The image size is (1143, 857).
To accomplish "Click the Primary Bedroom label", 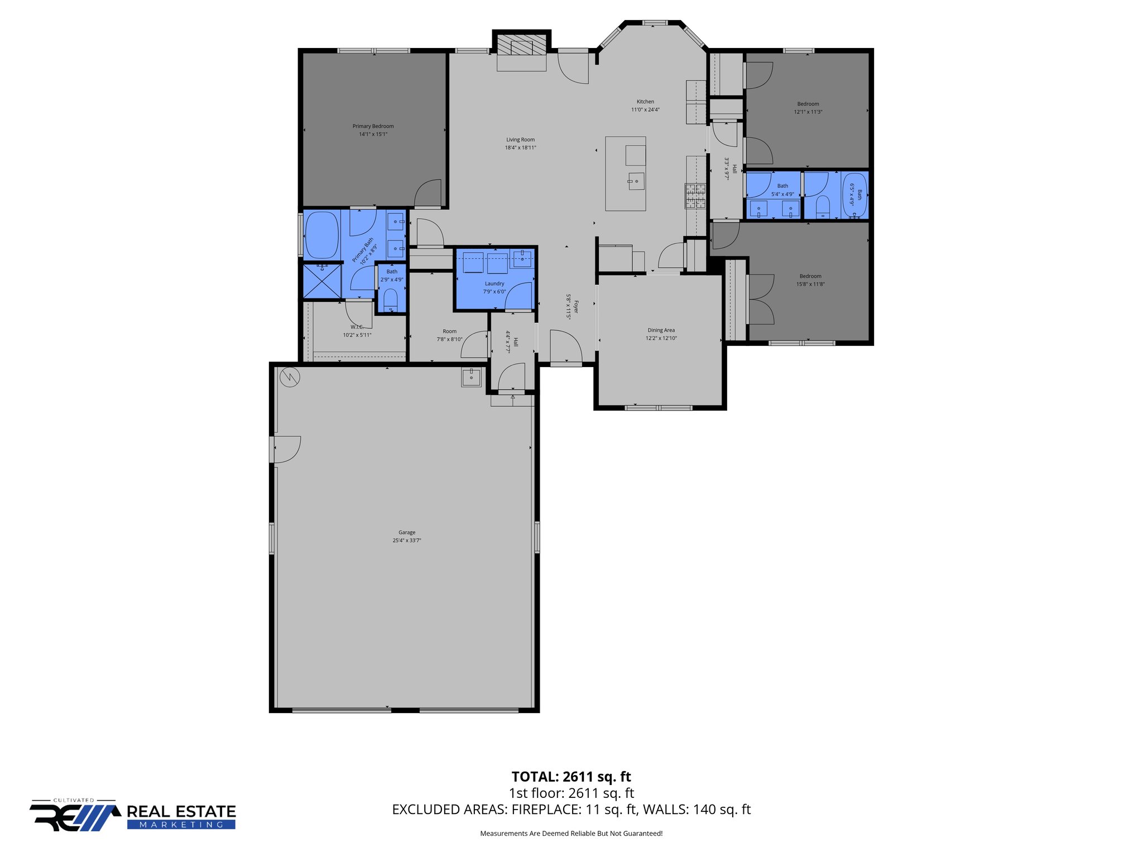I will click(x=373, y=126).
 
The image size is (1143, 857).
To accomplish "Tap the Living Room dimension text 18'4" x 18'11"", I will click(x=520, y=148).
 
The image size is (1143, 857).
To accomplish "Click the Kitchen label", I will click(x=645, y=102).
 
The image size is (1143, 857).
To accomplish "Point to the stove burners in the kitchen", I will click(x=695, y=196).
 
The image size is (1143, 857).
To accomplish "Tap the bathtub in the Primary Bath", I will click(x=322, y=235).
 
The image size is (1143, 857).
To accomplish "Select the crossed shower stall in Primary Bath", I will click(x=322, y=281).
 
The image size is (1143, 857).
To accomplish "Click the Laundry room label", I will click(x=494, y=283).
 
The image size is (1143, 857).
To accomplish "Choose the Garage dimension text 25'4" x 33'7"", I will click(x=406, y=541).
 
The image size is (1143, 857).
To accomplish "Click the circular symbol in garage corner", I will click(x=290, y=378).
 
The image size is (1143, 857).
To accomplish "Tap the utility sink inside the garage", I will click(x=471, y=377).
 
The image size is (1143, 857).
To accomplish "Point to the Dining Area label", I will click(x=661, y=330).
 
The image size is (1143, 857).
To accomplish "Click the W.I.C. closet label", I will click(x=357, y=327).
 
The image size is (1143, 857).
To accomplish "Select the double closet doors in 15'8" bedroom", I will click(x=761, y=300).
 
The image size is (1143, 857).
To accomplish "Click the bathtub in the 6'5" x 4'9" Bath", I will click(x=854, y=195).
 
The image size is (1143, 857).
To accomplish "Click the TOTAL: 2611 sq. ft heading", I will click(x=571, y=777).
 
